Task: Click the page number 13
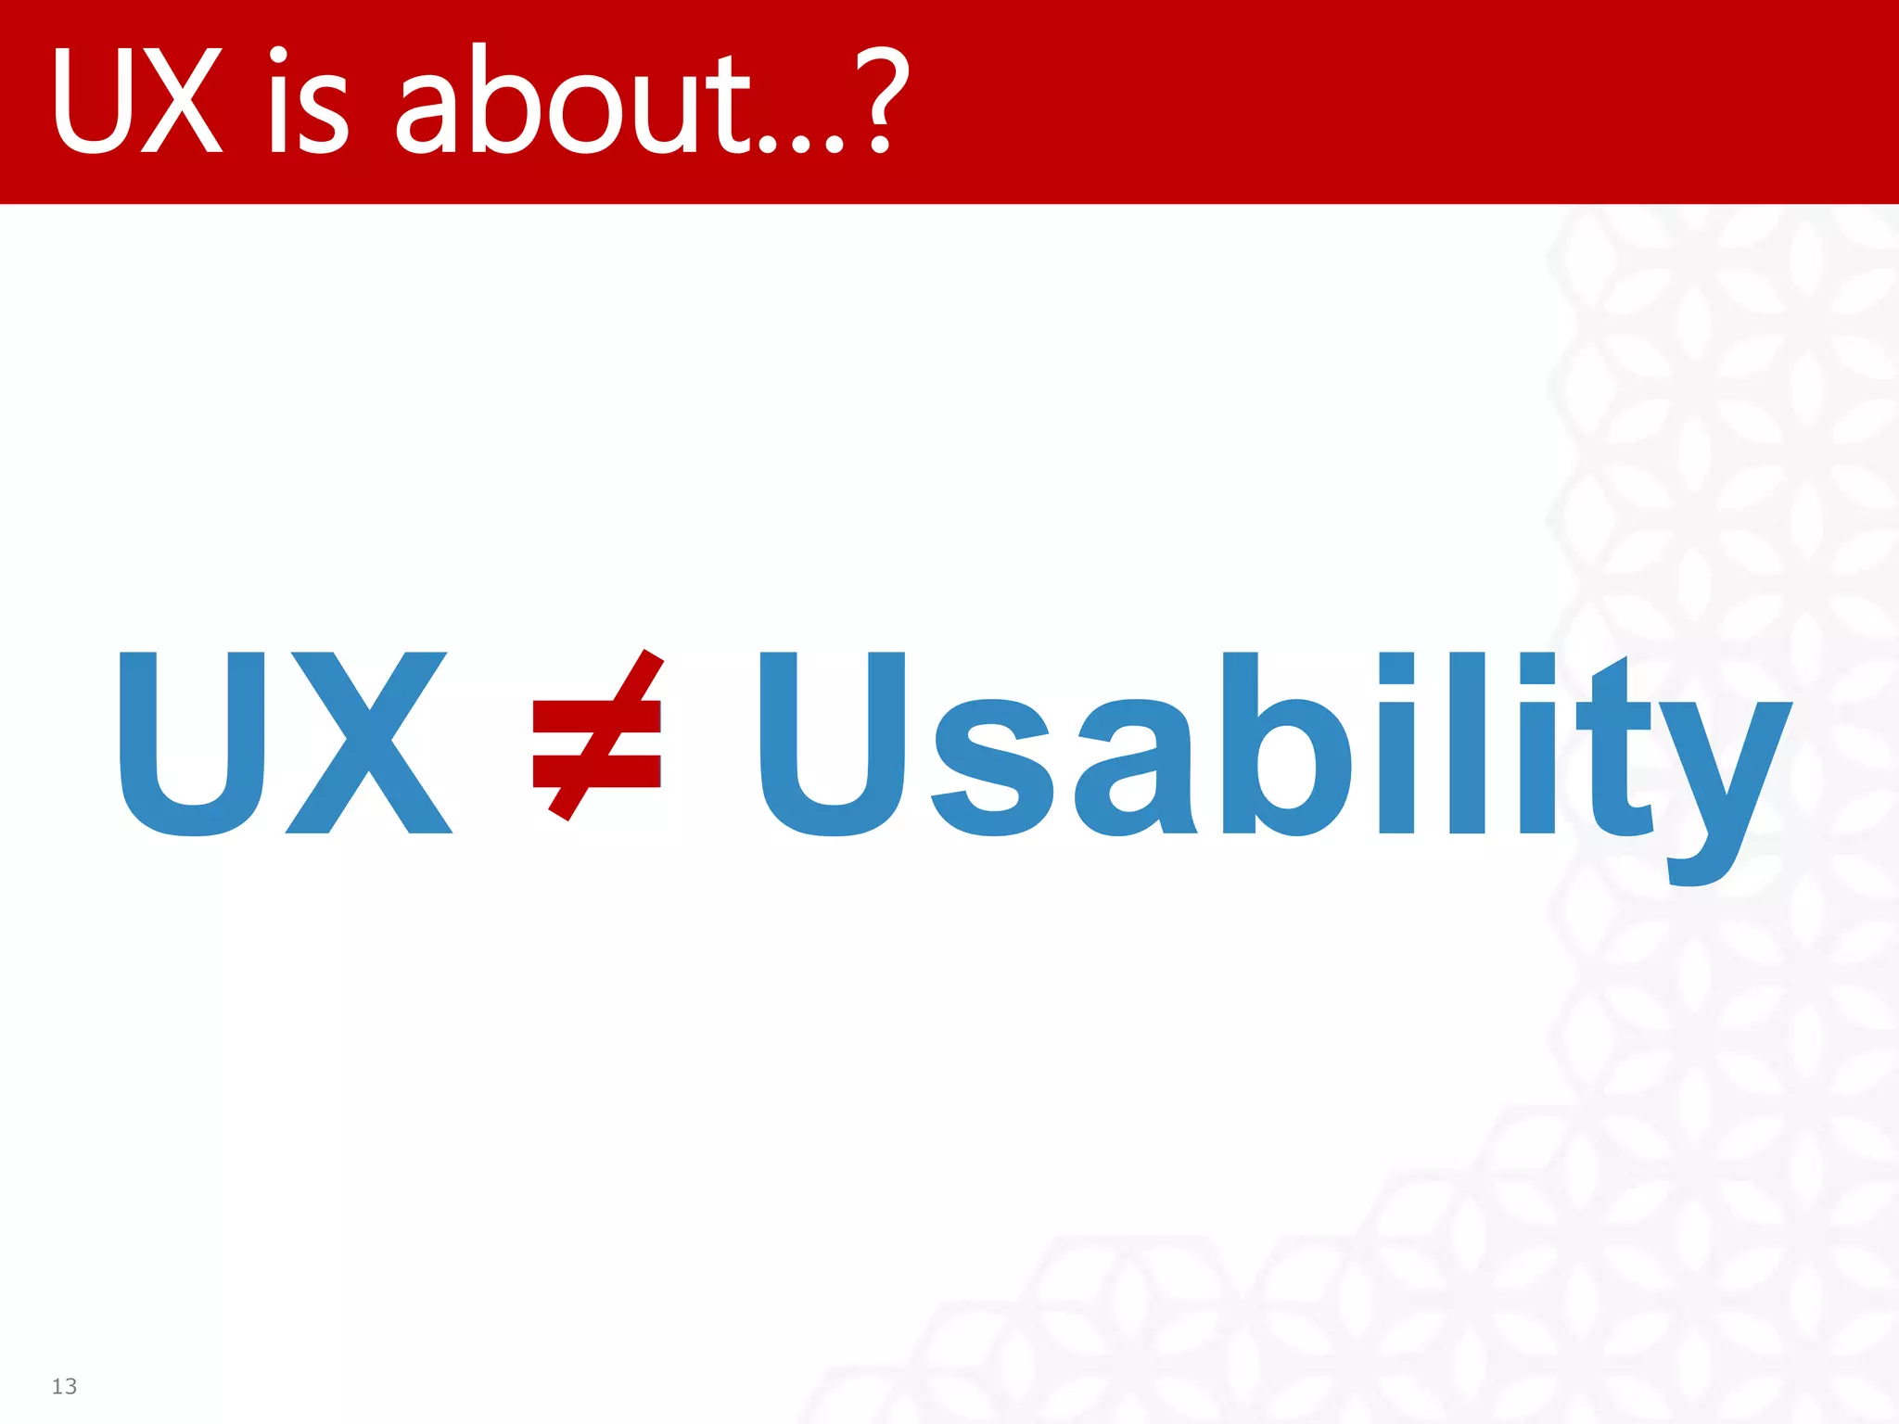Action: pyautogui.click(x=64, y=1386)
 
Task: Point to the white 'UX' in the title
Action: pyautogui.click(x=137, y=102)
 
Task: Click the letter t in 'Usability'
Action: pyautogui.click(x=1618, y=751)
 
